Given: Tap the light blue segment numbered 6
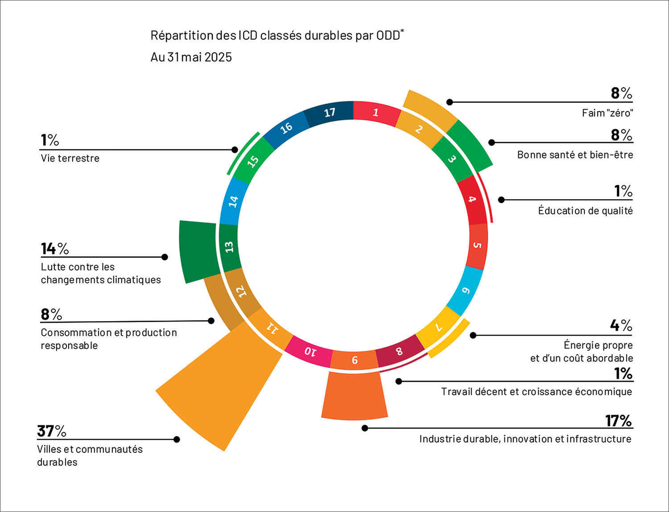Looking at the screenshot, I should (x=466, y=291).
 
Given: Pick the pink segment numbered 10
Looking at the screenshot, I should (x=310, y=352).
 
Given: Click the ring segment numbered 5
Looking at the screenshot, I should (x=477, y=246).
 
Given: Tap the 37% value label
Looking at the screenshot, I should (x=52, y=431).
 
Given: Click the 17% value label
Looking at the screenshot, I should (x=618, y=421).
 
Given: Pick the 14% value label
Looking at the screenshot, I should (x=55, y=249).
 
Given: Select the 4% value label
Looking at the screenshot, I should (x=621, y=325).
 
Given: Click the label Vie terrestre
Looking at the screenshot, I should (x=70, y=158).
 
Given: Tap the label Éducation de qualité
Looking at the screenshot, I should (x=585, y=210).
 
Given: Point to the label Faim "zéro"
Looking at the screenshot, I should (x=607, y=113).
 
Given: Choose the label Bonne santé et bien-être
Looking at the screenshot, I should (x=575, y=155).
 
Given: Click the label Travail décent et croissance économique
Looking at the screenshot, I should (x=536, y=392).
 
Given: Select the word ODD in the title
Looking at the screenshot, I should (x=388, y=36).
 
